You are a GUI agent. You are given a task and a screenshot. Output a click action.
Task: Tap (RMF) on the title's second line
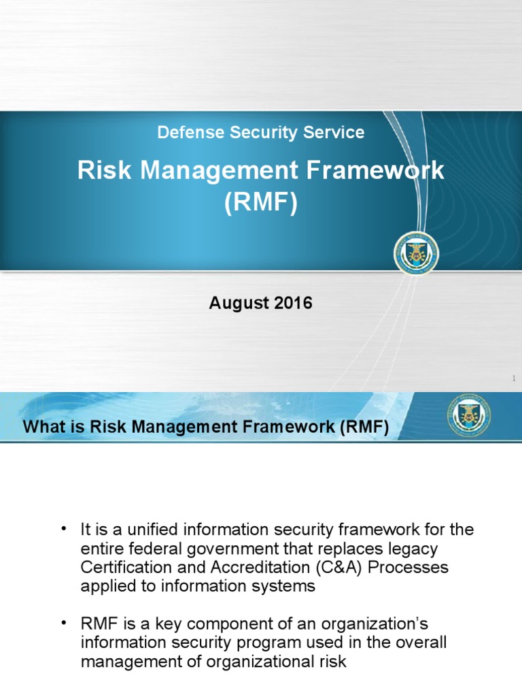261,204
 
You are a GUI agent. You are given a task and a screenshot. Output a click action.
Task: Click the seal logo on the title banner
416,253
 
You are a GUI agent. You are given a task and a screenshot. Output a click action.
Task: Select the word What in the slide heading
45,428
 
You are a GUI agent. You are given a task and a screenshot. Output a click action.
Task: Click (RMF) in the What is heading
362,428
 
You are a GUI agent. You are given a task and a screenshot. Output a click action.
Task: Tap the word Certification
122,567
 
